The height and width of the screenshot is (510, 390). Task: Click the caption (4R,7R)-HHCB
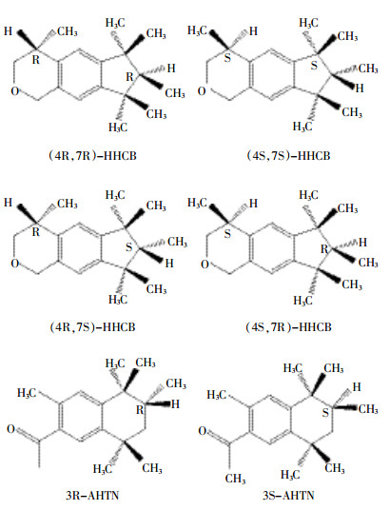(x=92, y=156)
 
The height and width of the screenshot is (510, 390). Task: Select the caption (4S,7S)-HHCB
(x=288, y=156)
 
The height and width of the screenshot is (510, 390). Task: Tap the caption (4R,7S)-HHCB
(x=92, y=327)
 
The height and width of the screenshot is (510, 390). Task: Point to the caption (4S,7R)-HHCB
(x=288, y=327)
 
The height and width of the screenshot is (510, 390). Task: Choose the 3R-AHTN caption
(x=92, y=496)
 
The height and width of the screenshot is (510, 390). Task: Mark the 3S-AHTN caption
(x=288, y=496)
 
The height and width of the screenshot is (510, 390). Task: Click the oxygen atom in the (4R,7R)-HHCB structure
(x=15, y=91)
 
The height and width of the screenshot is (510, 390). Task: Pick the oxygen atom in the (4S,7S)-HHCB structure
(x=202, y=91)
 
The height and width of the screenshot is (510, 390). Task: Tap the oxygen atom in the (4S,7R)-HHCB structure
(x=205, y=265)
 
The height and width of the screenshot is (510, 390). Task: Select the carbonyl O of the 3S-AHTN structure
(x=203, y=431)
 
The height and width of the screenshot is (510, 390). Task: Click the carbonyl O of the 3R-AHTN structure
(x=11, y=429)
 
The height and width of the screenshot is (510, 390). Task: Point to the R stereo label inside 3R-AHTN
(x=140, y=409)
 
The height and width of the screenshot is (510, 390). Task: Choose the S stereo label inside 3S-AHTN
(x=325, y=413)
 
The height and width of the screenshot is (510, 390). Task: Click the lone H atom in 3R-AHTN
(x=175, y=404)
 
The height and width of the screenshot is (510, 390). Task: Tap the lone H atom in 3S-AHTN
(x=357, y=386)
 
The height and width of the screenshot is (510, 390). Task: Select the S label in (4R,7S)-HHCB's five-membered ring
(x=129, y=247)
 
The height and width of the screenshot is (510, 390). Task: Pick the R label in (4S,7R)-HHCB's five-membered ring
(x=324, y=249)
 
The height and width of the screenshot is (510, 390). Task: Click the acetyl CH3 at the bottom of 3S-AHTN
(x=235, y=479)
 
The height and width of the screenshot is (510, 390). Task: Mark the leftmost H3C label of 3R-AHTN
(x=27, y=393)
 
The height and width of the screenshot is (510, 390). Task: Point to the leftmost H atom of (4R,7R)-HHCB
(x=9, y=31)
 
